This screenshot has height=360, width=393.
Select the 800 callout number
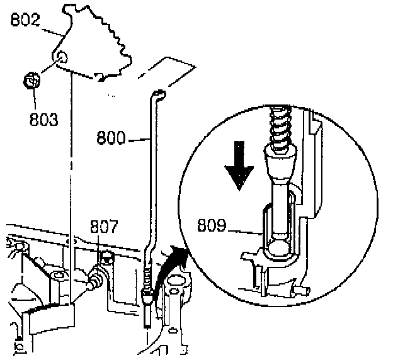(111, 137)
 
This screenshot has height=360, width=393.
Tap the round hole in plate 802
(61, 59)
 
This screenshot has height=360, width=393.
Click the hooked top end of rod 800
(157, 94)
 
